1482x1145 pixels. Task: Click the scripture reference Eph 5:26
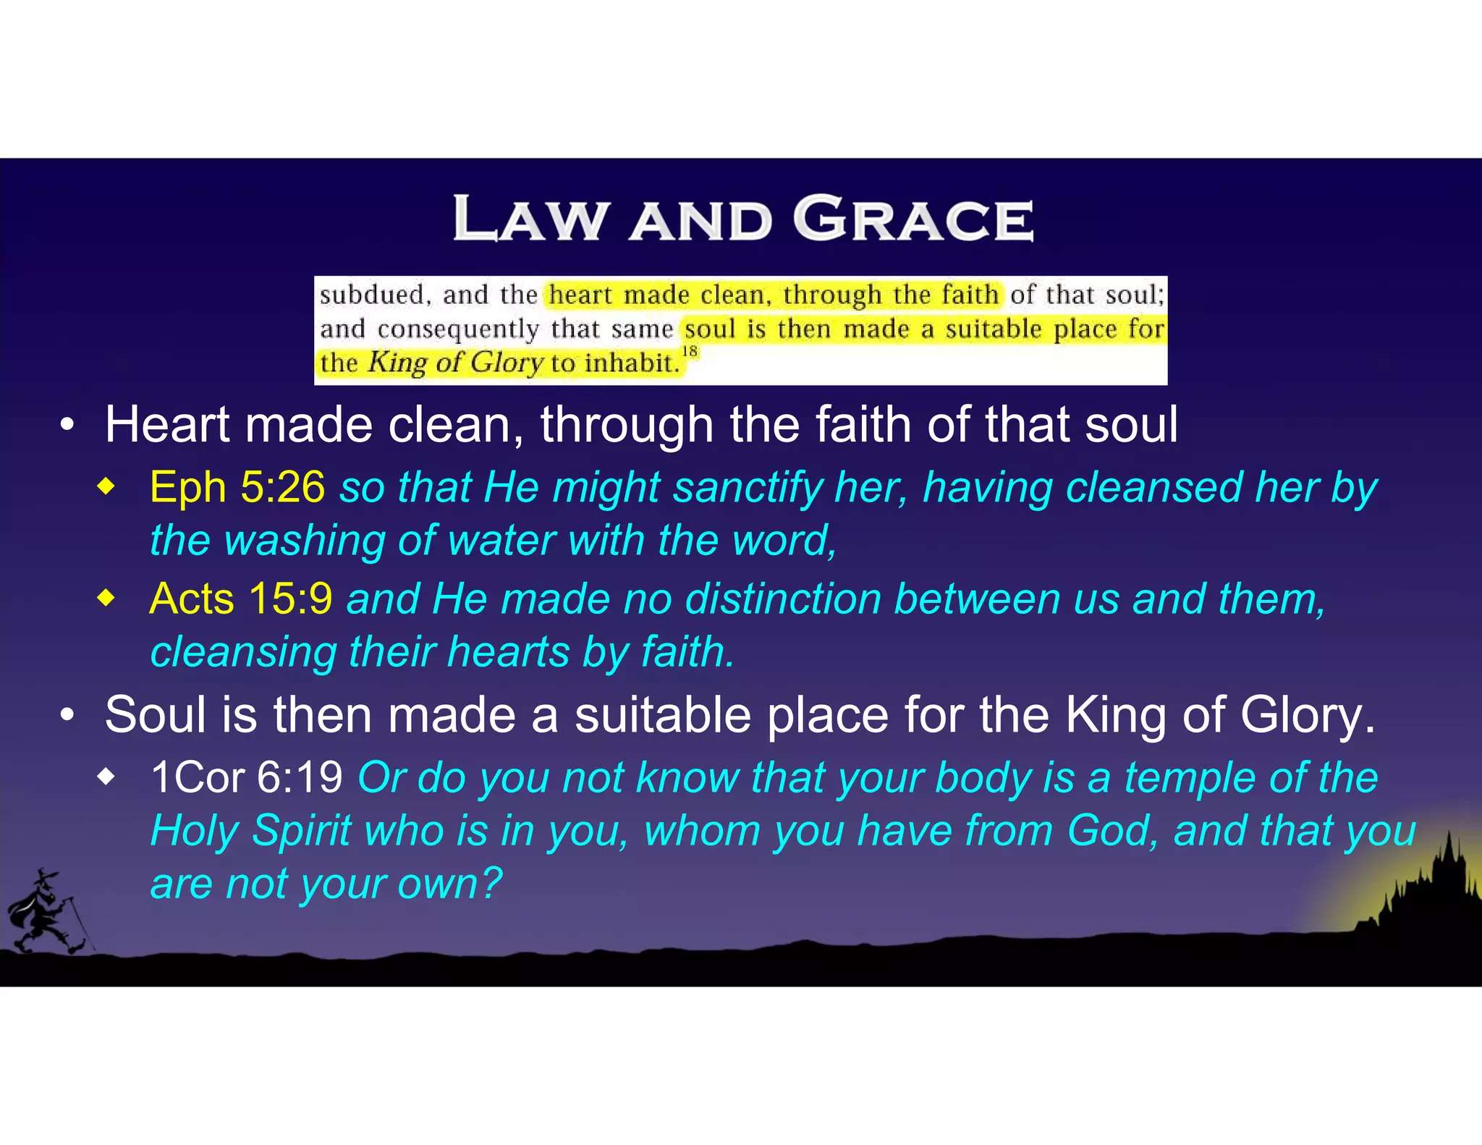point(237,487)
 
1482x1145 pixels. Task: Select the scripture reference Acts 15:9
point(240,599)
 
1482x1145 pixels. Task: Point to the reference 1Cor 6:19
point(246,778)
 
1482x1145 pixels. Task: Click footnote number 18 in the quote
point(690,352)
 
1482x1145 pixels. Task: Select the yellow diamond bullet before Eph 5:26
point(106,487)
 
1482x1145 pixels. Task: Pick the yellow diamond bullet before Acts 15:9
point(106,599)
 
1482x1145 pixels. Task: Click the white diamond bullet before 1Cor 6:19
point(106,778)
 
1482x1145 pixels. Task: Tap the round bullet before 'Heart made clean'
point(67,426)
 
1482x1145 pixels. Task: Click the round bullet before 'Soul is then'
point(67,716)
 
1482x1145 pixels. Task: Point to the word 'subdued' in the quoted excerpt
point(371,295)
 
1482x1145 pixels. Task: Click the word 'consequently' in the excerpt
point(457,329)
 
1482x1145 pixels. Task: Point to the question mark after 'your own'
point(491,884)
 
